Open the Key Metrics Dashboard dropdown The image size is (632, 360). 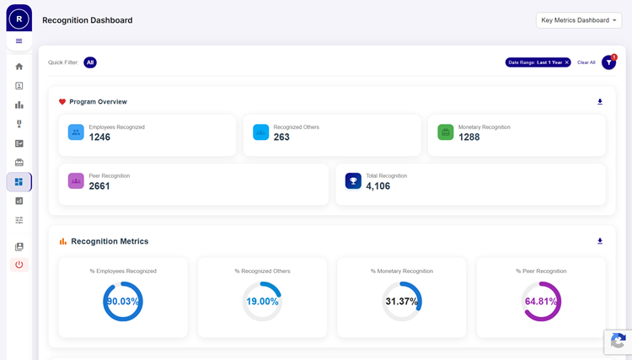(578, 20)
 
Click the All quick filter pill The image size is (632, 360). (90, 62)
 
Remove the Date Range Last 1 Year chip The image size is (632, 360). (567, 62)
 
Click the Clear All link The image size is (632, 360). (586, 62)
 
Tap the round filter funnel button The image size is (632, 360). (608, 62)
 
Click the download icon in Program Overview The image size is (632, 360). (600, 102)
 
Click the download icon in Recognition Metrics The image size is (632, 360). (600, 241)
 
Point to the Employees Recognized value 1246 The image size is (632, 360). (99, 137)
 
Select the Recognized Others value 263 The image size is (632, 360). (281, 137)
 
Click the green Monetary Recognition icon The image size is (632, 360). (446, 132)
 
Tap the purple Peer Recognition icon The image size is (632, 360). (76, 180)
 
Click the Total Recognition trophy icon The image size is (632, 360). (353, 180)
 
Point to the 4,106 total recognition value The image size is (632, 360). (378, 185)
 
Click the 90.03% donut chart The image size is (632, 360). (123, 301)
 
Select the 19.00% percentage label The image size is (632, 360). (262, 302)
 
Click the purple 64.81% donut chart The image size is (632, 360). (541, 301)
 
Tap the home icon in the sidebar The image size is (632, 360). (19, 67)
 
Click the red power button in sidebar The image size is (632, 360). (19, 265)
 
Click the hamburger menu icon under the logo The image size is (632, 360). (19, 40)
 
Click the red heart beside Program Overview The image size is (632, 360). (62, 102)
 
